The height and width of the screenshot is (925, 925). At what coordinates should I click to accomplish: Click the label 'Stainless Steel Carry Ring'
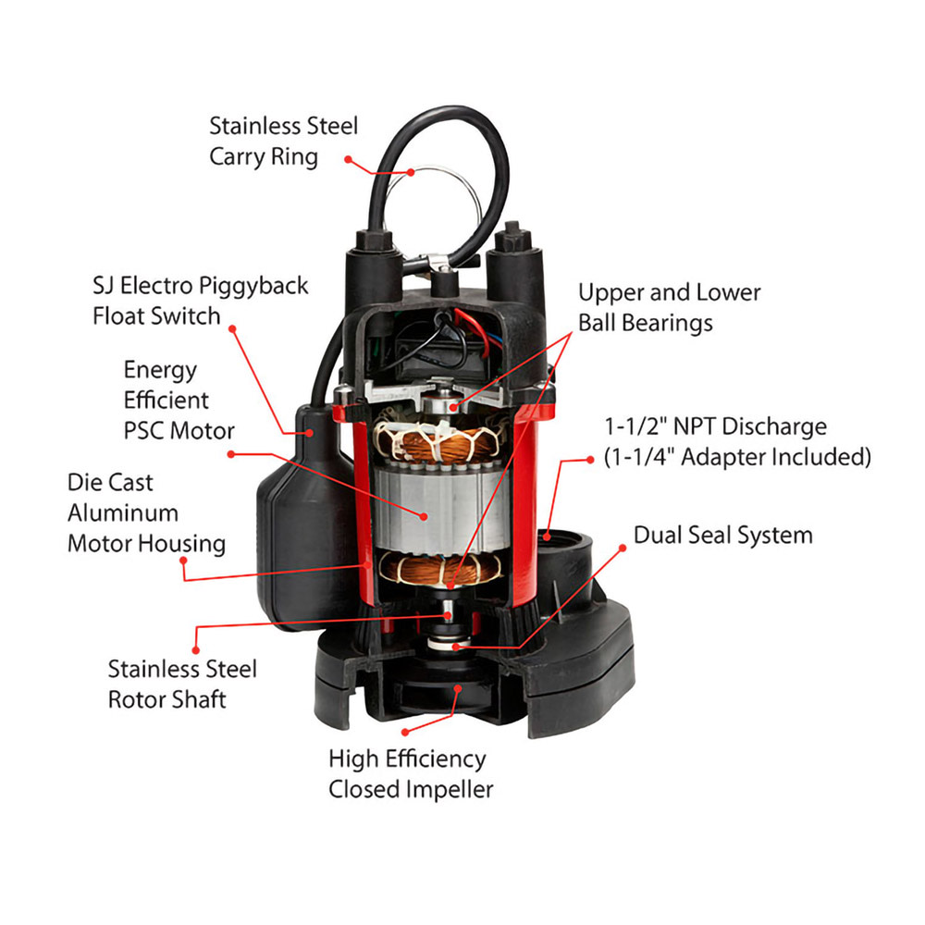[x=282, y=141]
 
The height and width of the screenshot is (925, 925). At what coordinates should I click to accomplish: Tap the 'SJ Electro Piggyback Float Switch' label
[x=200, y=301]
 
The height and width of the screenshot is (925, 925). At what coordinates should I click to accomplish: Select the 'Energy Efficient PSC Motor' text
[x=179, y=401]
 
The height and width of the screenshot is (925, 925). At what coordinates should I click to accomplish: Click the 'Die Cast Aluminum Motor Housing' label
[x=145, y=512]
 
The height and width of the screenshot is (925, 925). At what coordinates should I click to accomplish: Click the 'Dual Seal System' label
[x=722, y=535]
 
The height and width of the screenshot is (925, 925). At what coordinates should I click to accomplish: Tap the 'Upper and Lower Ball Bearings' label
[x=669, y=307]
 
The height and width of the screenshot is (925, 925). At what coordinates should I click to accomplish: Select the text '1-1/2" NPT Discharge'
[x=713, y=427]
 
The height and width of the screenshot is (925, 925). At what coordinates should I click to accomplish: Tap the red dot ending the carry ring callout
[x=349, y=159]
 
